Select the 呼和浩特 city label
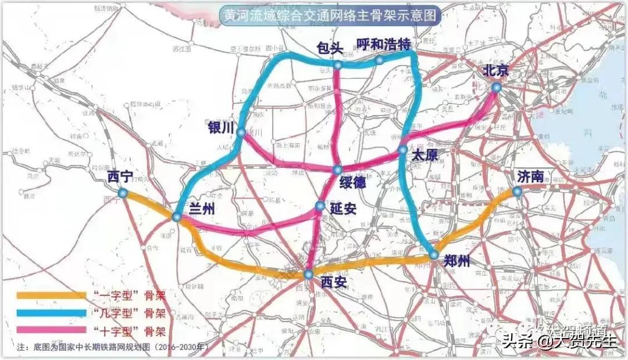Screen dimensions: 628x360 (x=384, y=44)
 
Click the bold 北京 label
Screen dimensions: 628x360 (x=495, y=71)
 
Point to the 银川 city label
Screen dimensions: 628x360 (x=220, y=127)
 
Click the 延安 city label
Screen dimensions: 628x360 (x=343, y=207)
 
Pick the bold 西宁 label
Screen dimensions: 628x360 (x=120, y=177)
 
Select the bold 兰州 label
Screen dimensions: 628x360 (x=202, y=210)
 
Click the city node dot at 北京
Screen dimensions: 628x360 (x=495, y=87)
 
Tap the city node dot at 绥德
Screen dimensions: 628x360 (x=337, y=170)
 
